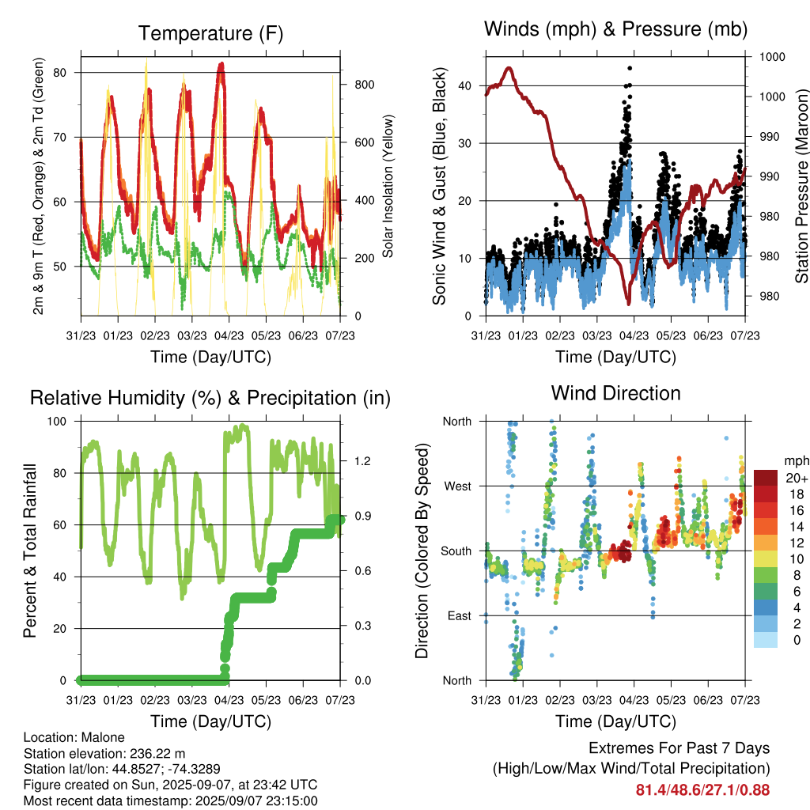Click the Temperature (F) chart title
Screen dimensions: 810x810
[210, 33]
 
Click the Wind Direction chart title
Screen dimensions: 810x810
[615, 393]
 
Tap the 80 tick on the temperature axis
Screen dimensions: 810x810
[60, 72]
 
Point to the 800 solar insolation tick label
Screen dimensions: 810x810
[364, 85]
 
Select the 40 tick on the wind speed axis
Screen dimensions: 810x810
[465, 85]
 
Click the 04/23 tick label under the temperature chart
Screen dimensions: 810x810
[229, 335]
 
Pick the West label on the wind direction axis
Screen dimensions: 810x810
[458, 486]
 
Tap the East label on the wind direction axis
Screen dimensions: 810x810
[460, 615]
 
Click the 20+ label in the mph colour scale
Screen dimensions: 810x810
[797, 478]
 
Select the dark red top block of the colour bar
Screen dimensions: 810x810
[766, 478]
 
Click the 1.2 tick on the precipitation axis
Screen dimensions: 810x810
[362, 461]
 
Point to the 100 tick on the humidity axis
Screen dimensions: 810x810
[57, 422]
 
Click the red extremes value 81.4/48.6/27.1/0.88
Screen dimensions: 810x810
[702, 790]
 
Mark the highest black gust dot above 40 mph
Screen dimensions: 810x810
[630, 68]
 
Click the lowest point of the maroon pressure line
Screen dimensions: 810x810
[629, 304]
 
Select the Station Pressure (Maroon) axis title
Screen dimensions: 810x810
[802, 186]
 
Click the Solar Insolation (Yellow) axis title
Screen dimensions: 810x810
[388, 186]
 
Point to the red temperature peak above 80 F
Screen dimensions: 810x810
[221, 64]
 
